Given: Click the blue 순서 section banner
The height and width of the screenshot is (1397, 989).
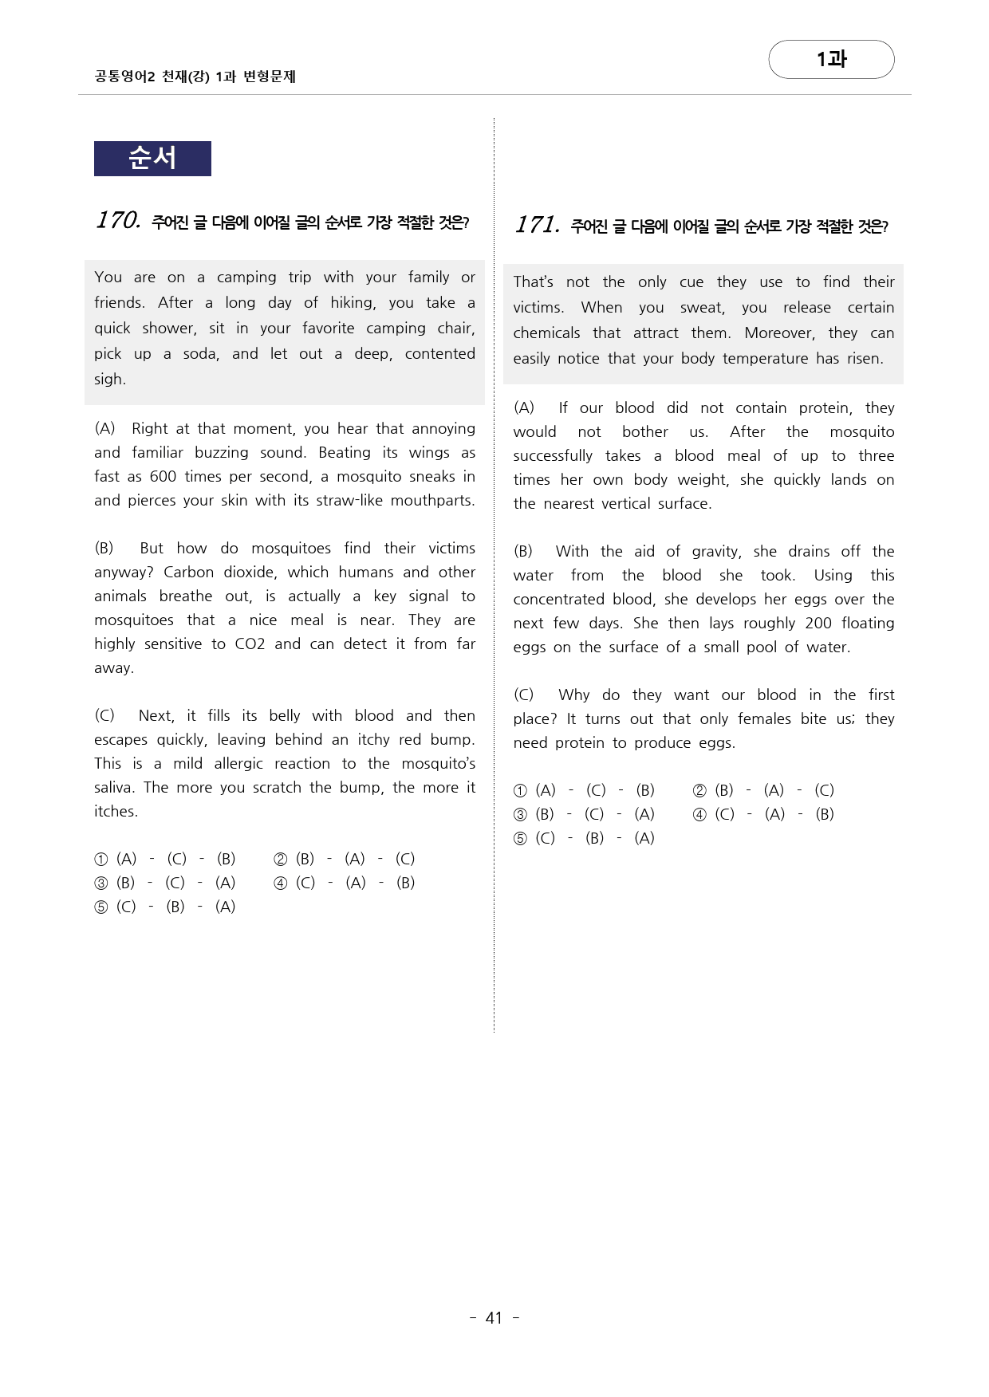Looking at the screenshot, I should click(152, 159).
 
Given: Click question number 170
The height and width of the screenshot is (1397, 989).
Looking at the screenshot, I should click(118, 220).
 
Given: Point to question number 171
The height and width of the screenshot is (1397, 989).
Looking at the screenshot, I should click(537, 225).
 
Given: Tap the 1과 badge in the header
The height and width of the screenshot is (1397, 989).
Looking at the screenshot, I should click(831, 59).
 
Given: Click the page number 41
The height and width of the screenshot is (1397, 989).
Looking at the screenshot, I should click(494, 1318).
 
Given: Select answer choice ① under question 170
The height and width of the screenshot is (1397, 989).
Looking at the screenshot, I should click(101, 860).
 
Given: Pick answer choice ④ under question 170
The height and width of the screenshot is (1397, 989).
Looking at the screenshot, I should click(281, 883).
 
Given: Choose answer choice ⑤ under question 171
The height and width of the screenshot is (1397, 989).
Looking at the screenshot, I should click(520, 839).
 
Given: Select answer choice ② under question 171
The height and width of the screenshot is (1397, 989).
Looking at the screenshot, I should click(699, 791).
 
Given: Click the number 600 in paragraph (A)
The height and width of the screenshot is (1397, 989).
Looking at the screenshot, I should click(163, 477).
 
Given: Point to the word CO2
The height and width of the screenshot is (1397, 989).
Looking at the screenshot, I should click(250, 644).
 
